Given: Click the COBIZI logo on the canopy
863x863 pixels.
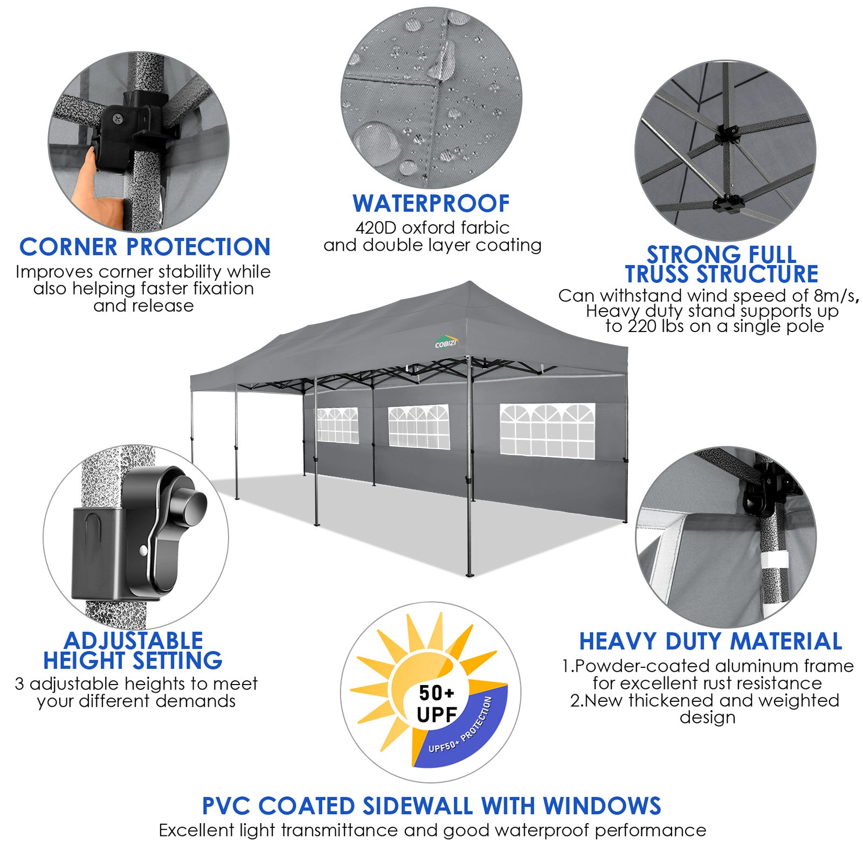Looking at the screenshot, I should click(x=446, y=343).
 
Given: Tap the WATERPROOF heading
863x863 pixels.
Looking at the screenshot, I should click(x=431, y=204).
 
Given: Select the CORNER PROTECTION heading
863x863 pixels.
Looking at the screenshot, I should click(x=144, y=247).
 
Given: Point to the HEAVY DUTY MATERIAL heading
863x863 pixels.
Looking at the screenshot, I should click(x=710, y=641).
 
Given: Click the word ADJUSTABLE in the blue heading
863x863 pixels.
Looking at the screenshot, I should click(x=133, y=641).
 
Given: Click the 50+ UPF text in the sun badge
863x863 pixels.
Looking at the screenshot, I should click(x=437, y=703).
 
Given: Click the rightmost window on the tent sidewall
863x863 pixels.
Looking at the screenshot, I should click(x=547, y=431).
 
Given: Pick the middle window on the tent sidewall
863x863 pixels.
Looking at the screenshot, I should click(x=419, y=426).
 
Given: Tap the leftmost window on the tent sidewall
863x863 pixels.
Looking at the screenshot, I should click(x=337, y=425).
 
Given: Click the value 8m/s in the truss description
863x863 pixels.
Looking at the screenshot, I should click(x=834, y=296).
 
